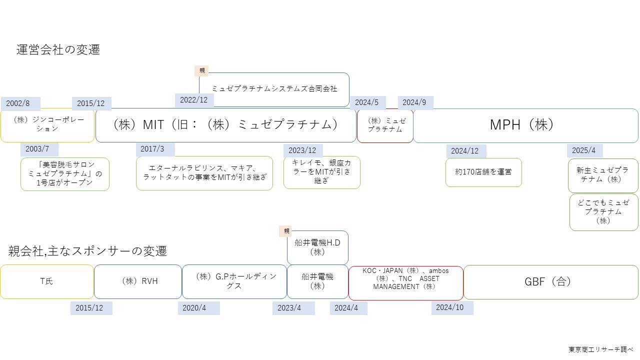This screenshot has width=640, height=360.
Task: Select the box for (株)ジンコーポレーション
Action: tap(47, 125)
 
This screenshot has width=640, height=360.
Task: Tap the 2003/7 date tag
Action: tap(38, 149)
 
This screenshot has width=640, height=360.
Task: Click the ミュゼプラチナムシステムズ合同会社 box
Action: tap(274, 89)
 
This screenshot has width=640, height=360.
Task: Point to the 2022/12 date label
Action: tap(194, 100)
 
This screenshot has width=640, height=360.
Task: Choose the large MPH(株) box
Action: tap(525, 125)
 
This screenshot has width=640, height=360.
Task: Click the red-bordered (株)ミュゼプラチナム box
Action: tap(385, 125)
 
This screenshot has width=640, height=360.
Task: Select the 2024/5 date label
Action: tap(367, 102)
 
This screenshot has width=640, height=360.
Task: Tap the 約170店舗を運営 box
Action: tap(483, 172)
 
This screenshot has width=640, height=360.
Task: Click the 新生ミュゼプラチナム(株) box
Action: tap(602, 175)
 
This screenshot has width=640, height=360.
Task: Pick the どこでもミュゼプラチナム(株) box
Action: tap(603, 212)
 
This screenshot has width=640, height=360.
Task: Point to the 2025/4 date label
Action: tap(584, 150)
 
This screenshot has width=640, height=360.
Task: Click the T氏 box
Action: tap(46, 281)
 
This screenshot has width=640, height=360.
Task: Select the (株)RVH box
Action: tap(138, 281)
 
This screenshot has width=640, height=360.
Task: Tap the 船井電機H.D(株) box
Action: tap(317, 247)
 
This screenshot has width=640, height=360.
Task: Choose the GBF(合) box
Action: tap(550, 282)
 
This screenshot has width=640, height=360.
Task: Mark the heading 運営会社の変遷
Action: tap(58, 49)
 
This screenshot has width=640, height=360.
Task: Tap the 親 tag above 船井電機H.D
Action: tap(286, 231)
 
